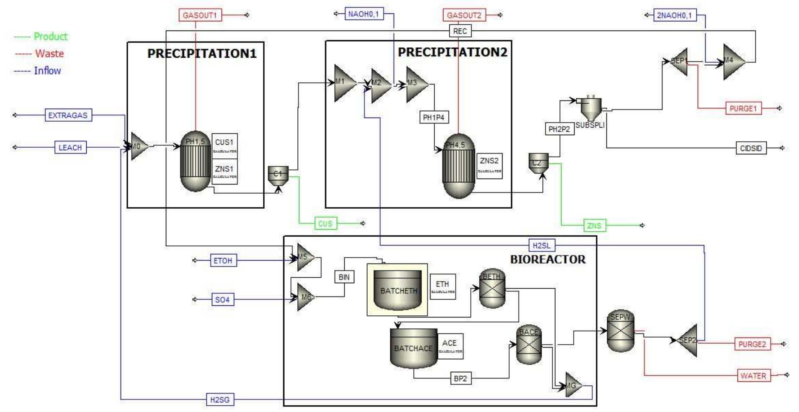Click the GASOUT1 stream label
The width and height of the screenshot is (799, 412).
tap(200, 15)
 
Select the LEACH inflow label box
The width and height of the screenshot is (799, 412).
tap(70, 148)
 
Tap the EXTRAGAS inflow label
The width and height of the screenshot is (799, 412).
tap(68, 115)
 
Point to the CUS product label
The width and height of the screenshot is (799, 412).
tap(325, 224)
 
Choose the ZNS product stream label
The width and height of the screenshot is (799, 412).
tap(594, 226)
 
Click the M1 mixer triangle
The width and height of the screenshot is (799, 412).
tap(344, 83)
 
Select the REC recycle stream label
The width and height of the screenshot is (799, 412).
tap(460, 31)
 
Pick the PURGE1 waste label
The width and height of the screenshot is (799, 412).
tap(743, 109)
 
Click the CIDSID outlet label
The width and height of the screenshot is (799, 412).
tap(751, 148)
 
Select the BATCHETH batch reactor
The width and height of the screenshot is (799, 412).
tap(397, 290)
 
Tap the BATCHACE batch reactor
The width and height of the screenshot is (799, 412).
tap(413, 348)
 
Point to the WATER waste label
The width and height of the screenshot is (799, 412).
tap(753, 376)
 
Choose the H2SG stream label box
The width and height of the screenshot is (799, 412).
tap(220, 399)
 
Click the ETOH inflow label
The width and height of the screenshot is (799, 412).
tap(222, 261)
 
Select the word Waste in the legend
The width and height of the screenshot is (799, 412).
tap(49, 54)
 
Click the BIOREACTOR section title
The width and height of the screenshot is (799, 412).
tap(547, 259)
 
